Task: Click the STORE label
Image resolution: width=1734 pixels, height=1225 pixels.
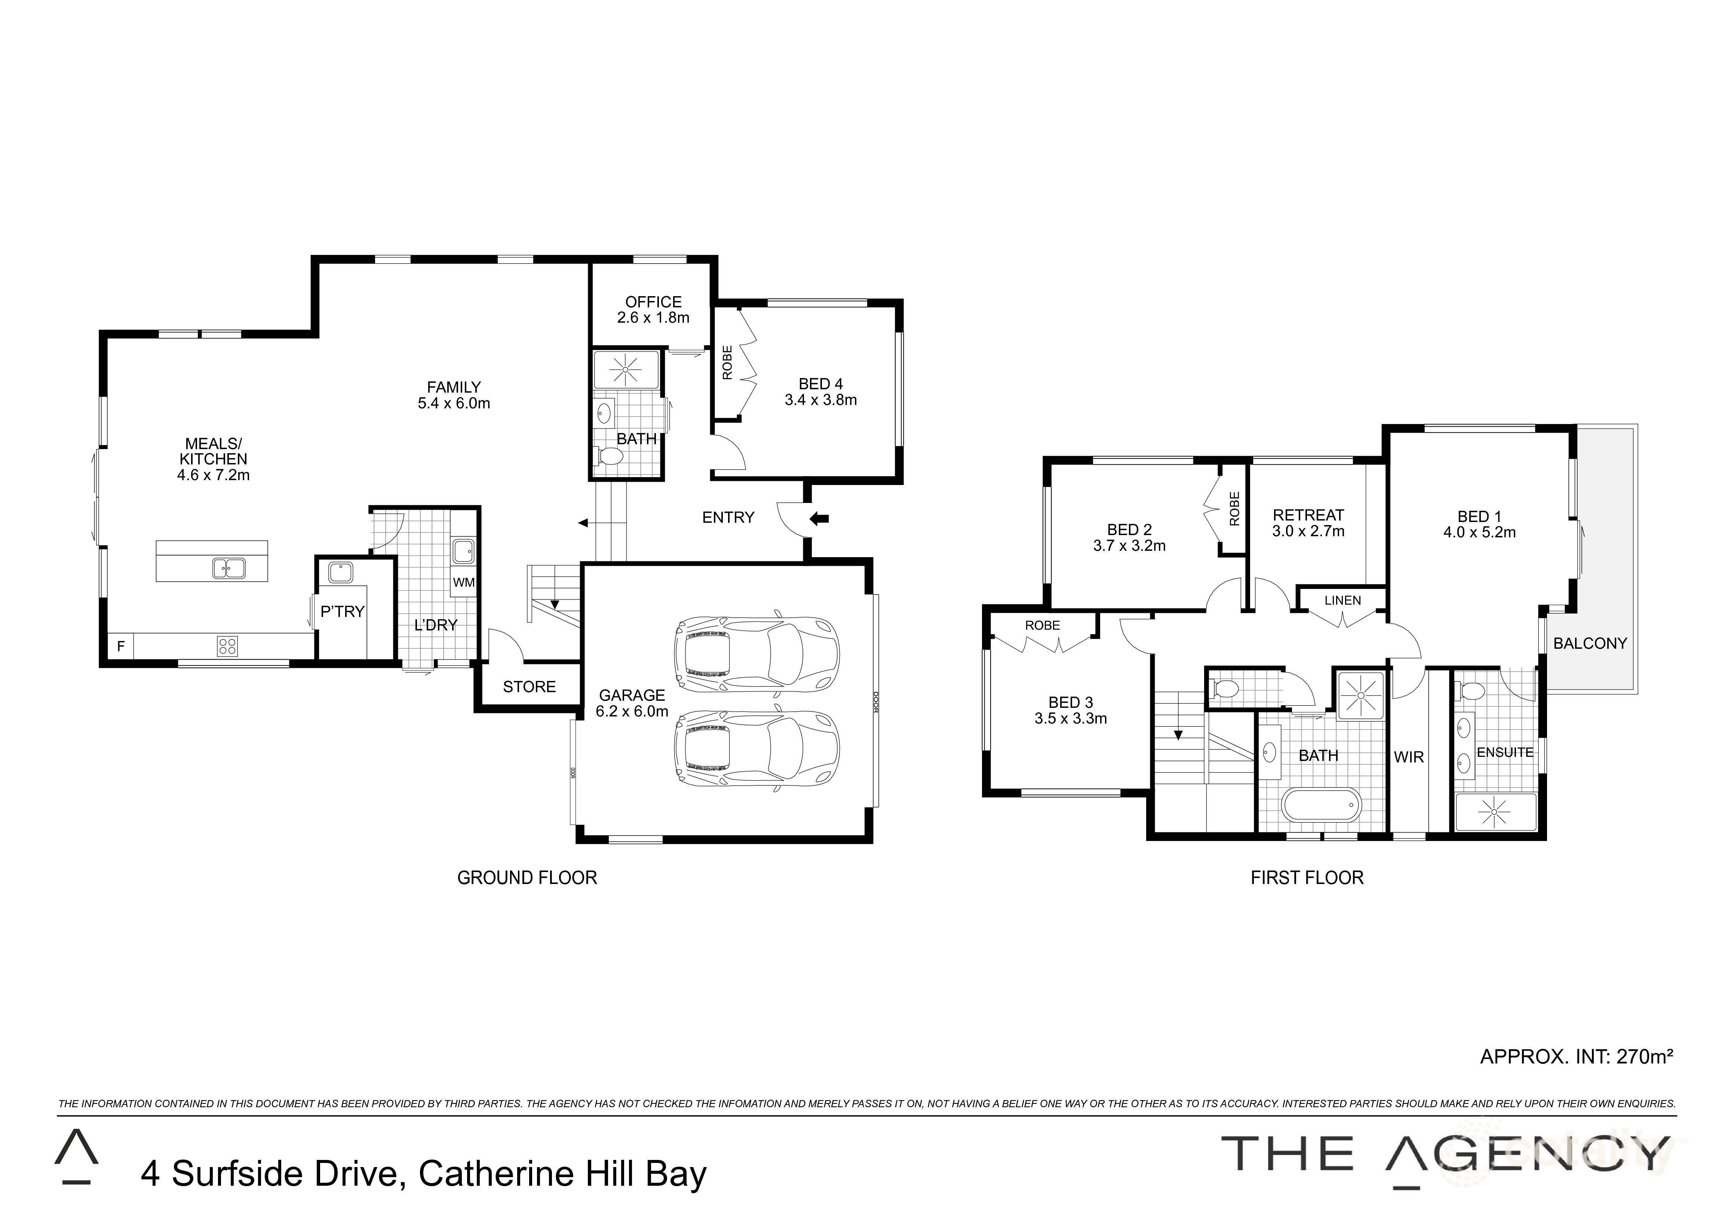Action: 529,687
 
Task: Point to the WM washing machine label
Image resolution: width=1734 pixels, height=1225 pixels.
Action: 464,582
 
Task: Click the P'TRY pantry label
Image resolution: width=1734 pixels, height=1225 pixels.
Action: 342,612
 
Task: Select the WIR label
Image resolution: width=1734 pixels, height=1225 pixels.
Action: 1409,757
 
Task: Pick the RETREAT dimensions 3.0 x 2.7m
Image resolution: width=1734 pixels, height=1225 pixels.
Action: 1308,531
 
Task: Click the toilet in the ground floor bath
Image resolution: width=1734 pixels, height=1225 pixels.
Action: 609,456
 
